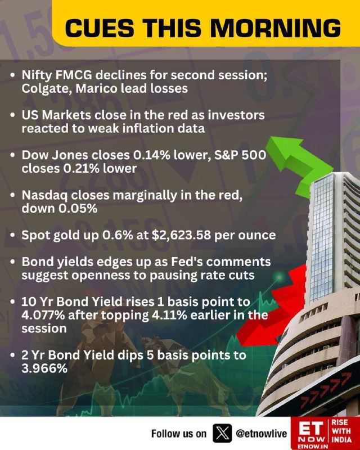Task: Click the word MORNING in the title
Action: [276, 28]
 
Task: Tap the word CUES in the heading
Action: [100, 28]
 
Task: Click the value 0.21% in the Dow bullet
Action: [81, 168]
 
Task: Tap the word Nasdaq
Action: [44, 196]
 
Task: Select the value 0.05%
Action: [78, 209]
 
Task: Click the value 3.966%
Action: [44, 368]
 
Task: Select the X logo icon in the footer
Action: [222, 433]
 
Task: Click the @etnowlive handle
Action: [261, 433]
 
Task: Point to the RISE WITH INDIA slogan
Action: [341, 431]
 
